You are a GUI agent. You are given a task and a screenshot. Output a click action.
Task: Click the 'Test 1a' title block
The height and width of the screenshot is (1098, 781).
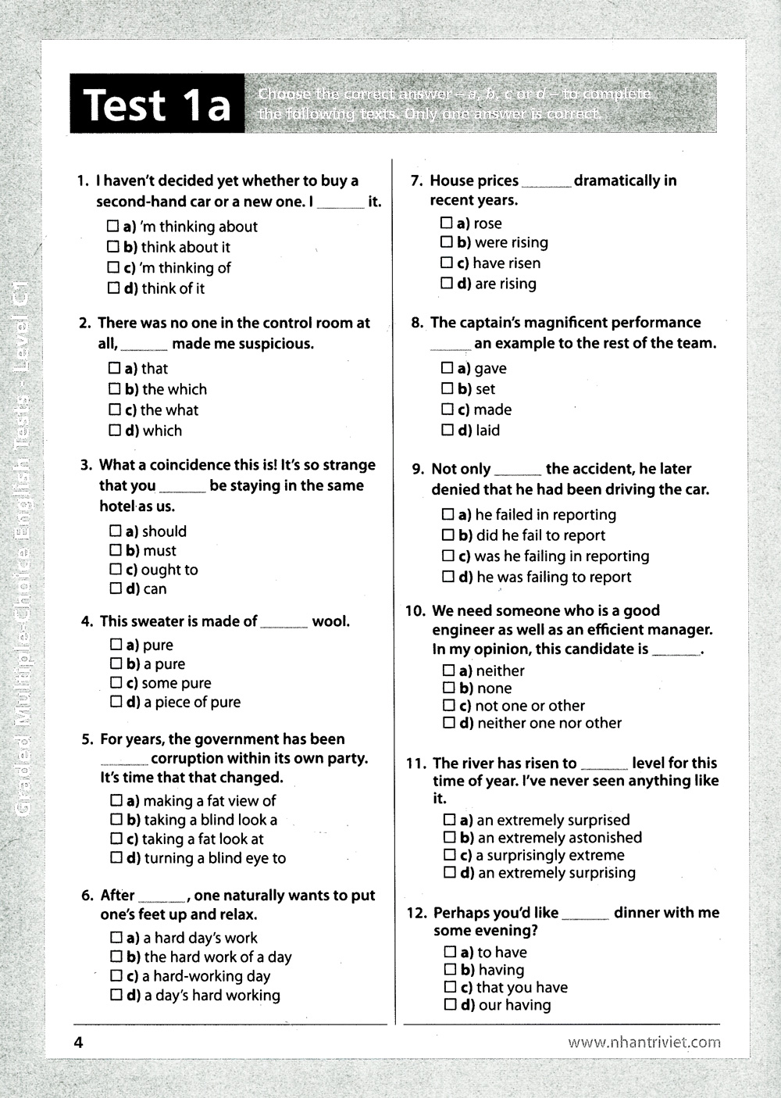tap(156, 104)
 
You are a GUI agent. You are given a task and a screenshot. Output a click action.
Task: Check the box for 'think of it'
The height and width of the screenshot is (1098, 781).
tap(113, 288)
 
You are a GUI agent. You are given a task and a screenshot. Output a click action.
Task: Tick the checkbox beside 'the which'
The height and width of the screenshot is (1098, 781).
tap(115, 389)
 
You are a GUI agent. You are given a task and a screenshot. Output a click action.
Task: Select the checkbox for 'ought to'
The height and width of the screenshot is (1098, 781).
tap(116, 570)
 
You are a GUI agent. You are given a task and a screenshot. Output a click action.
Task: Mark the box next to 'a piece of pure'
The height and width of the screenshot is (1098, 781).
tap(116, 702)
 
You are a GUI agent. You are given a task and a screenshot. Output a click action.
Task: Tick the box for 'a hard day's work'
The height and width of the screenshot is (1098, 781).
tap(116, 938)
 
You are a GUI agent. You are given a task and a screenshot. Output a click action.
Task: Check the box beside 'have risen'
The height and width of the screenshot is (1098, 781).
tap(447, 263)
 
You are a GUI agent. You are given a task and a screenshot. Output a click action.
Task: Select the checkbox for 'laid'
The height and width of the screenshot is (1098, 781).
tap(447, 430)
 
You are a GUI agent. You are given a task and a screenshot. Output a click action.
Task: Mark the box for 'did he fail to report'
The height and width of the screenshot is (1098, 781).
tap(448, 535)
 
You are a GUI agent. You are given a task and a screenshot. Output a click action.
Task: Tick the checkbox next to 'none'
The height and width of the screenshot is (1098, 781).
tap(449, 688)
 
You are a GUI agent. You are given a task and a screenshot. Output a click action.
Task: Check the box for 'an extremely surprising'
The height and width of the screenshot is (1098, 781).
tap(450, 873)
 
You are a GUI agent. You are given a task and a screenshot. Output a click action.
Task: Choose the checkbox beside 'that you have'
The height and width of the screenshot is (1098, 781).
tap(450, 988)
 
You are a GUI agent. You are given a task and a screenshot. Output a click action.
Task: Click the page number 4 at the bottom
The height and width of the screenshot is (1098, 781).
tap(77, 1042)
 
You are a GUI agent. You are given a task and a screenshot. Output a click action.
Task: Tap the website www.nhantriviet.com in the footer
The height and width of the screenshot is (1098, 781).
tap(644, 1042)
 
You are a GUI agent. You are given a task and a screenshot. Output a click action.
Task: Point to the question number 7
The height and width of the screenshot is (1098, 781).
tap(417, 181)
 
